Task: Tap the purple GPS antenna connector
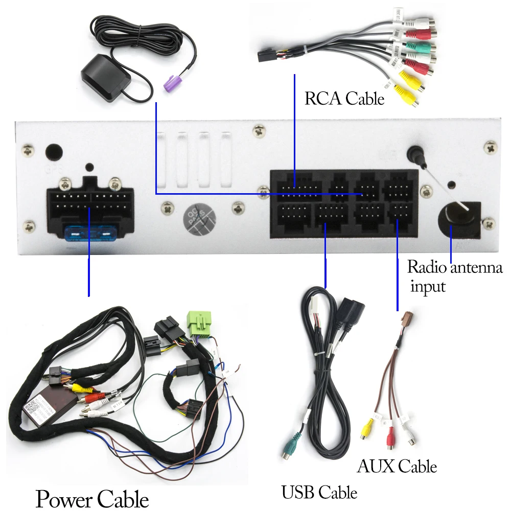(173, 83)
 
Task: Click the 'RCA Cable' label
(344, 98)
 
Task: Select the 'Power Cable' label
(92, 498)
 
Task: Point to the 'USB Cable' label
(319, 492)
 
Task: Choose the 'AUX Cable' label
(397, 466)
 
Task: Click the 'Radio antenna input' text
(454, 276)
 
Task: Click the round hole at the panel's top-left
(54, 152)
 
